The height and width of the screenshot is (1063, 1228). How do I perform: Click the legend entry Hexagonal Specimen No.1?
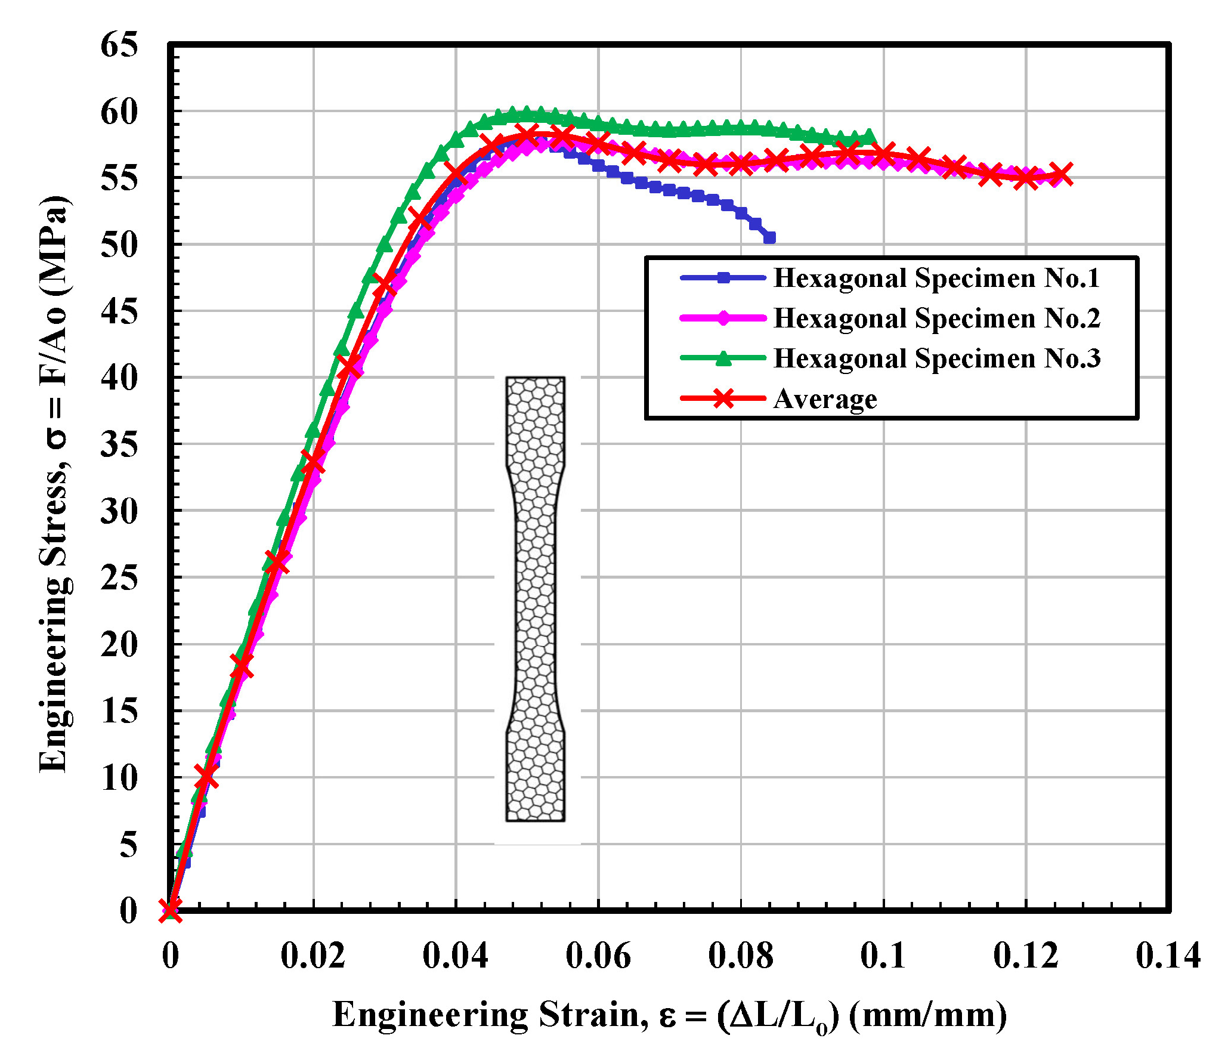point(936,279)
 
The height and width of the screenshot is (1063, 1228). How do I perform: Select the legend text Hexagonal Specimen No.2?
point(936,319)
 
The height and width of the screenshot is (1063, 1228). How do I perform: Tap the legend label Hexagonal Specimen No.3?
point(936,359)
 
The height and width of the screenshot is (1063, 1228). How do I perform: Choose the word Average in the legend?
point(825,399)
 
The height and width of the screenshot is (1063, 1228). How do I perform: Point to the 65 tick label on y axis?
point(119,45)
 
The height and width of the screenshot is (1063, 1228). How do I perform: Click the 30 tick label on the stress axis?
point(119,511)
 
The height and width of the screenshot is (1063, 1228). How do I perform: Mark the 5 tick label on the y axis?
point(128,845)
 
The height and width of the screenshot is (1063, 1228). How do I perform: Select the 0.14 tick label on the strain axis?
point(1167,956)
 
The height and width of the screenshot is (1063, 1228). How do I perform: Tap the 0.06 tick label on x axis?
point(598,956)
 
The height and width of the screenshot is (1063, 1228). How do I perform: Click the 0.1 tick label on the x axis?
point(883,956)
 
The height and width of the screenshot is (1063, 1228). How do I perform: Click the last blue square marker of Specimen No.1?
point(770,238)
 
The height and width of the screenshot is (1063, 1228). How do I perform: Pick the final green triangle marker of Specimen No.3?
point(869,137)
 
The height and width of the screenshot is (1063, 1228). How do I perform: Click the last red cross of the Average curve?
point(1062,175)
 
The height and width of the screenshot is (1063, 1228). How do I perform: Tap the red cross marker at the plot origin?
point(171,910)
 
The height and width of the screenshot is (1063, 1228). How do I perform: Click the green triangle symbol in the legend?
point(723,358)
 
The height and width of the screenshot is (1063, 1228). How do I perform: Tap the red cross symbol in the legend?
point(723,398)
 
